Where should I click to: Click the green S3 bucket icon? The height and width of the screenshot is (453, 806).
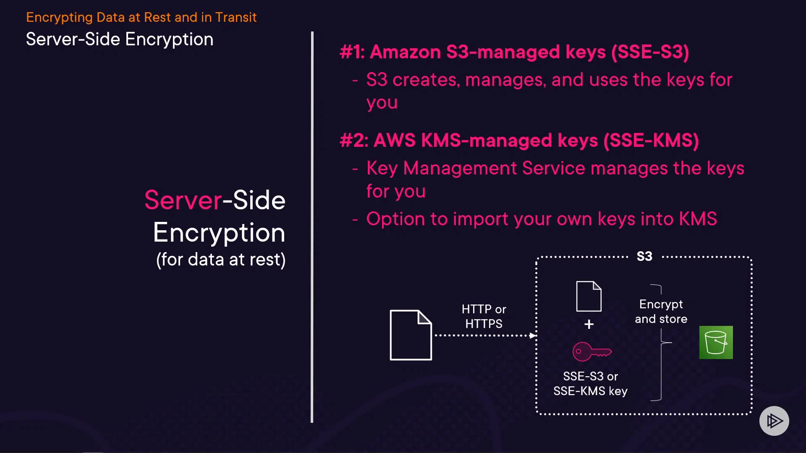[716, 342]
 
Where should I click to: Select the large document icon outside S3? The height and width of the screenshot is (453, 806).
[411, 335]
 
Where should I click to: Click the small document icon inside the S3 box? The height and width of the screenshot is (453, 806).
[589, 296]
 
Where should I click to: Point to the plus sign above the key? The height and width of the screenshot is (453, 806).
[589, 324]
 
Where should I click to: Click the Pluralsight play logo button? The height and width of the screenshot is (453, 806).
[774, 421]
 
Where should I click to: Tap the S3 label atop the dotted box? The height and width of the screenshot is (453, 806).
[644, 256]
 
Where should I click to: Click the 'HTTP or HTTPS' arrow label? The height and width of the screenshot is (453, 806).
[484, 316]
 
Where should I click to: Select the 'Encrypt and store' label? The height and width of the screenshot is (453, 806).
[661, 311]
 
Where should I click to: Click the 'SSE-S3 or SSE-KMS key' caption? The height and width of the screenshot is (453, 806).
[590, 383]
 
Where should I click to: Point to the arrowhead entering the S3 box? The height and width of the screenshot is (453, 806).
[533, 336]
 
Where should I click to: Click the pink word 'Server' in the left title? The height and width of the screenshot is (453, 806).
[183, 200]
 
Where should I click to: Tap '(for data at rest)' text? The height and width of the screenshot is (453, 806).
[221, 260]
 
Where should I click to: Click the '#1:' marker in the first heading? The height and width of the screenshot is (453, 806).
[352, 52]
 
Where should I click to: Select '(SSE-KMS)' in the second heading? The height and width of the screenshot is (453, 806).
[651, 140]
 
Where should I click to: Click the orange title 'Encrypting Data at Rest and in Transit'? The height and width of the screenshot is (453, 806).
[141, 17]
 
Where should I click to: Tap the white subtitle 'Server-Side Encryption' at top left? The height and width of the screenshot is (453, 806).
[120, 39]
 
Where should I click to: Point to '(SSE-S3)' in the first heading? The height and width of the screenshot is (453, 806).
[650, 52]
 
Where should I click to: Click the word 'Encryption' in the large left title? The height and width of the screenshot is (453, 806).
[219, 233]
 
